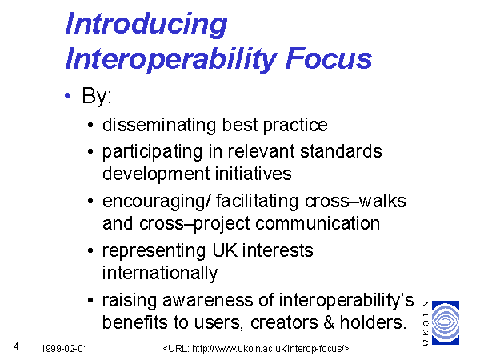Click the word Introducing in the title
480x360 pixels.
tap(146, 25)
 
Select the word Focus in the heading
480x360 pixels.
tap(329, 58)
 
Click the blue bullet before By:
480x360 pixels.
tap(68, 96)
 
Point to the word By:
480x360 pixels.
tap(97, 96)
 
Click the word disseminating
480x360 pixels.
tap(159, 125)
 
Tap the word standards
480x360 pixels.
tap(341, 151)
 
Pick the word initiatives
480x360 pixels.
tap(253, 174)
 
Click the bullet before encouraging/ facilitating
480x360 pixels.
tap(90, 202)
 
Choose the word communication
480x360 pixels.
tap(318, 223)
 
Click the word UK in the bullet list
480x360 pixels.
tap(225, 250)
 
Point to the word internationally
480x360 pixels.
tap(160, 274)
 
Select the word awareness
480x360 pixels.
tap(208, 300)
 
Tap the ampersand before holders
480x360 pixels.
tap(329, 322)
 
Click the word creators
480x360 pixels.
tap(284, 322)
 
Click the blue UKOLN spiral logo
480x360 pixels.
tap(446, 322)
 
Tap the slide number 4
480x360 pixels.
tap(16, 346)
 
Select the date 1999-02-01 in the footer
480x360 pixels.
tap(64, 349)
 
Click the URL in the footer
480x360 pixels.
tap(256, 349)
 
